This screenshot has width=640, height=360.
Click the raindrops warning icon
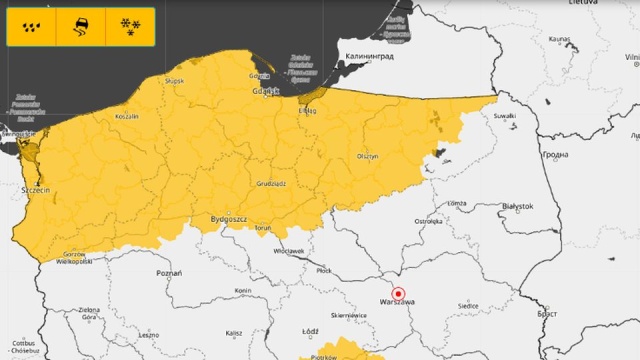click(31, 27)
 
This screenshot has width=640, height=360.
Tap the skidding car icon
click(80, 27)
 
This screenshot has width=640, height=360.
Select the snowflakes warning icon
click(128, 27)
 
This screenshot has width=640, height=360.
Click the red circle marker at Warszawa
click(398, 293)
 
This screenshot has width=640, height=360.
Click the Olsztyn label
click(367, 157)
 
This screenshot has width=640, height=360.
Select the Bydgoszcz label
click(229, 217)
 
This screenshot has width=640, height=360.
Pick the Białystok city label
click(518, 206)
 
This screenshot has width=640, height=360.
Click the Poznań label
click(169, 272)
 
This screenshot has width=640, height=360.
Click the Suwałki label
click(505, 115)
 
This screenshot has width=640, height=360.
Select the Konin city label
click(242, 291)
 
